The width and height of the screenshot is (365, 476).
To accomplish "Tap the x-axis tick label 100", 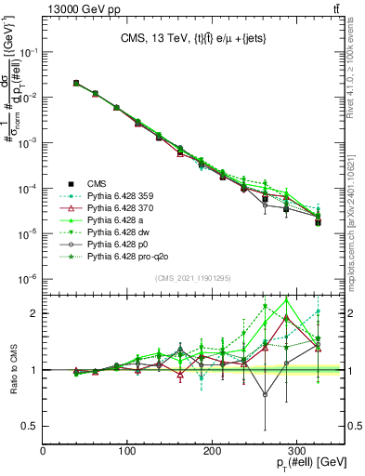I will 128,452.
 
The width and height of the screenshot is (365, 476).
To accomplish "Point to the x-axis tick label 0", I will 44,452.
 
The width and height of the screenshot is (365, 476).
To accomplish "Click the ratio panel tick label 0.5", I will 30,426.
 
